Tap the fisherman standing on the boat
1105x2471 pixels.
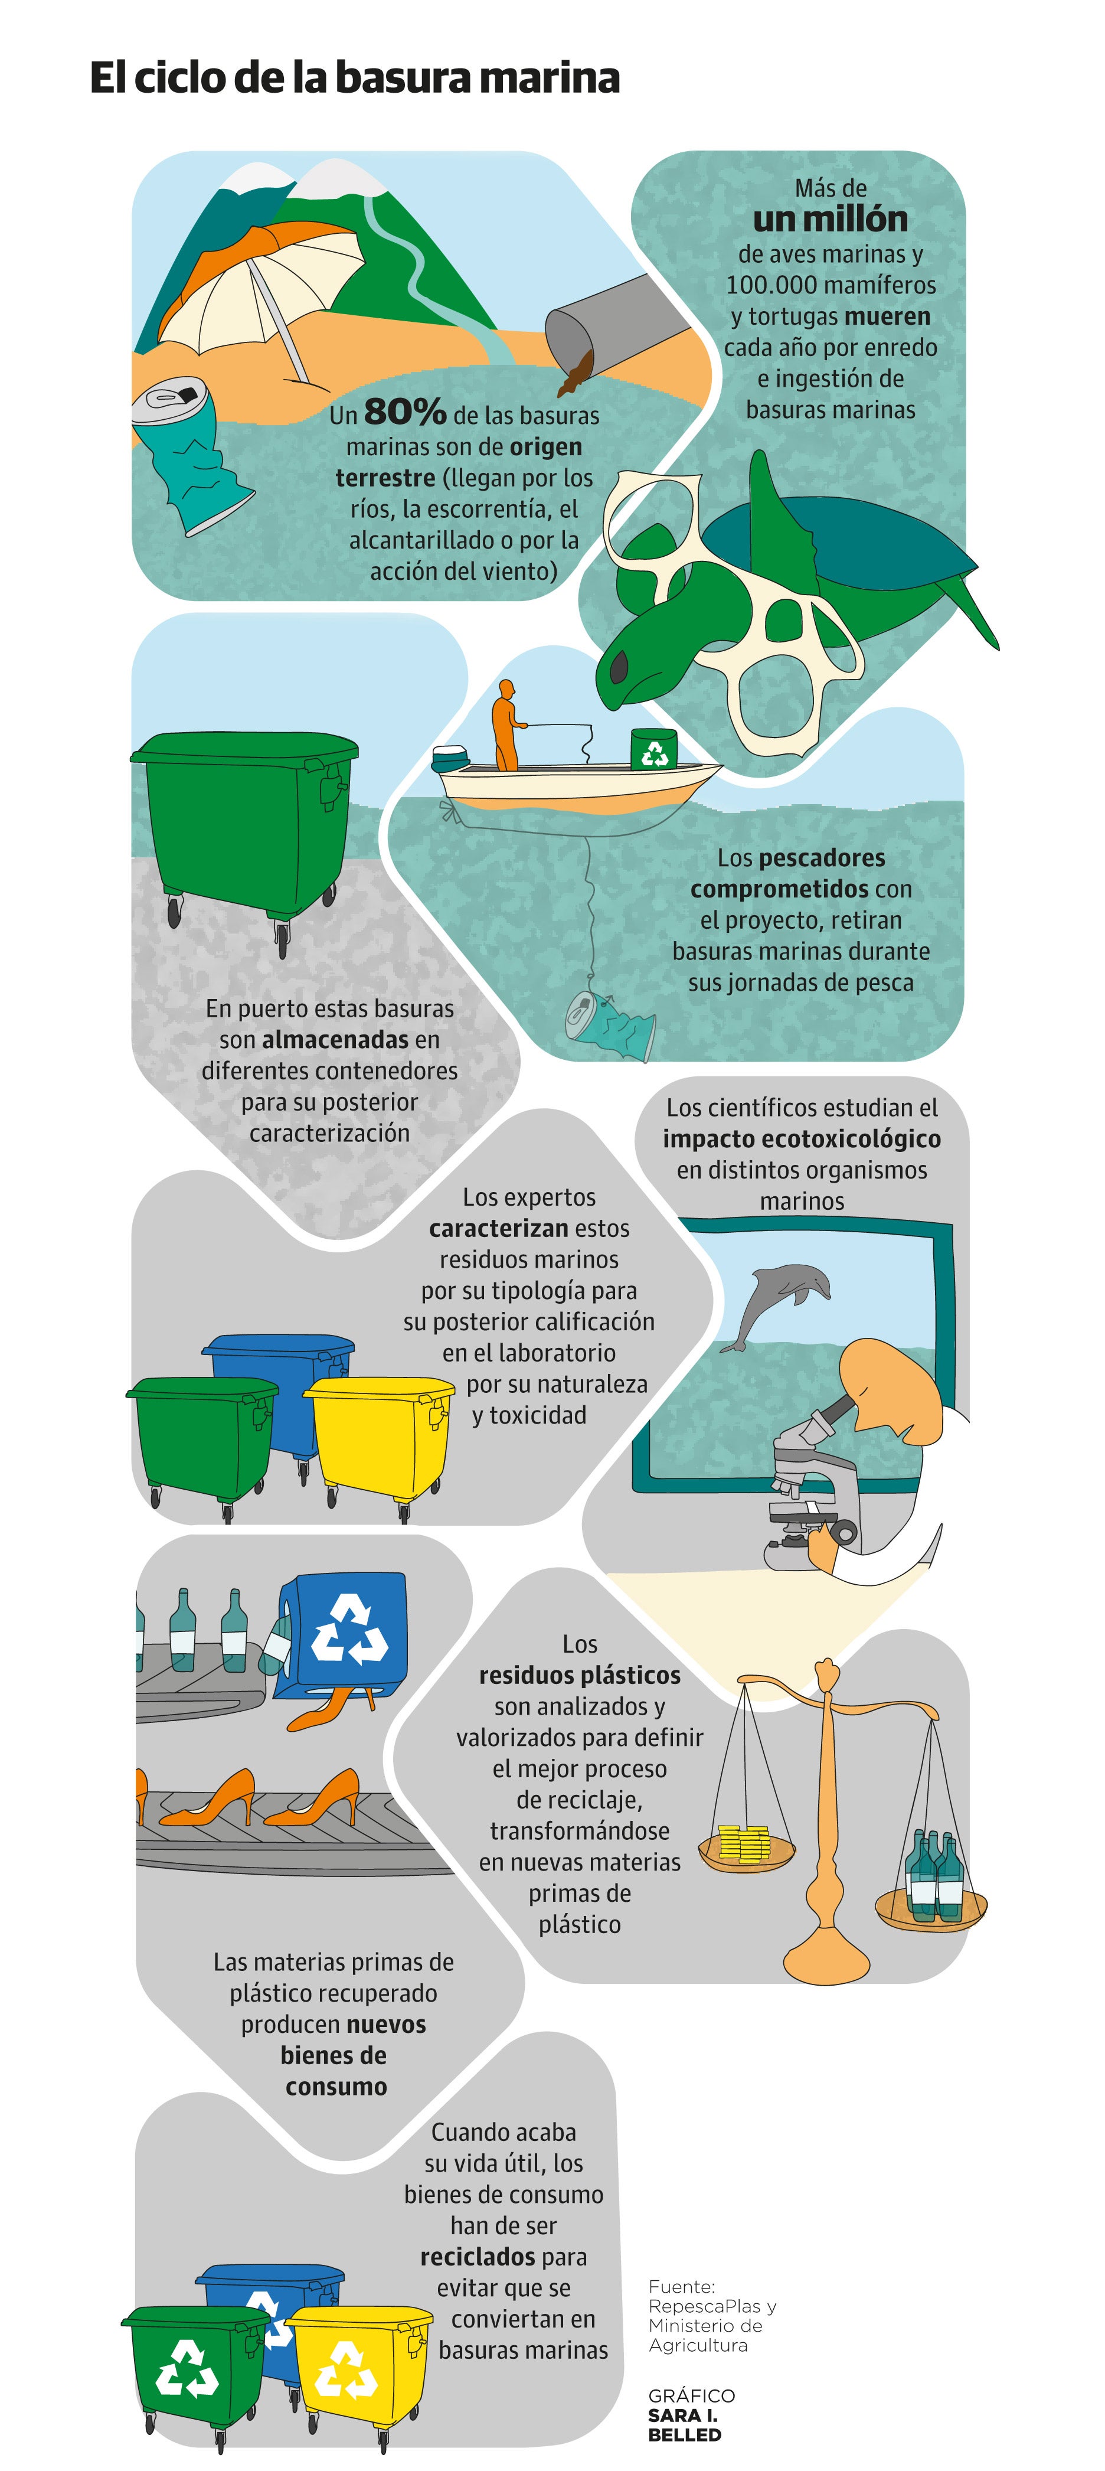pyautogui.click(x=506, y=724)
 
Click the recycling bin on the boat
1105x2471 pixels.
pyautogui.click(x=653, y=748)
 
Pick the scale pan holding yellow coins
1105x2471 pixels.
pyautogui.click(x=746, y=1846)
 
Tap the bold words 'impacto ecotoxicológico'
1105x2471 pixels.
pyautogui.click(x=802, y=1138)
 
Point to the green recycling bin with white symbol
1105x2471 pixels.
pyautogui.click(x=195, y=2370)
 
